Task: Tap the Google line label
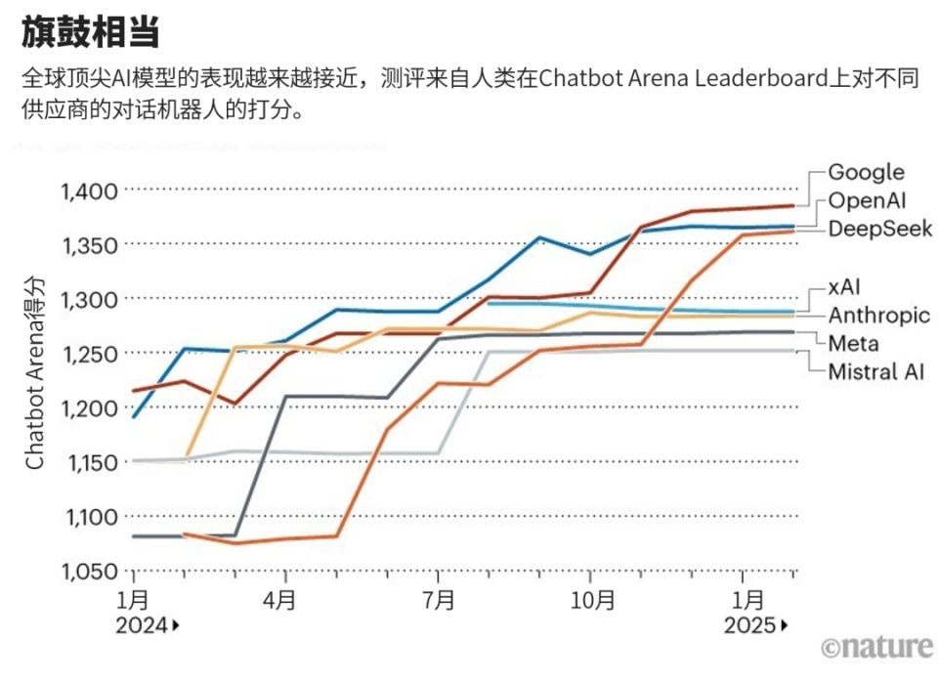(x=866, y=172)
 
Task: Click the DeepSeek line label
(x=880, y=229)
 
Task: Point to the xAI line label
(x=846, y=287)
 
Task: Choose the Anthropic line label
(x=879, y=316)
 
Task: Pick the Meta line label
(x=853, y=343)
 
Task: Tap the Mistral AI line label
(x=876, y=371)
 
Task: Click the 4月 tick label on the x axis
(x=281, y=600)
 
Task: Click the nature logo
(x=875, y=647)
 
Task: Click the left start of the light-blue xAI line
(x=488, y=304)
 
